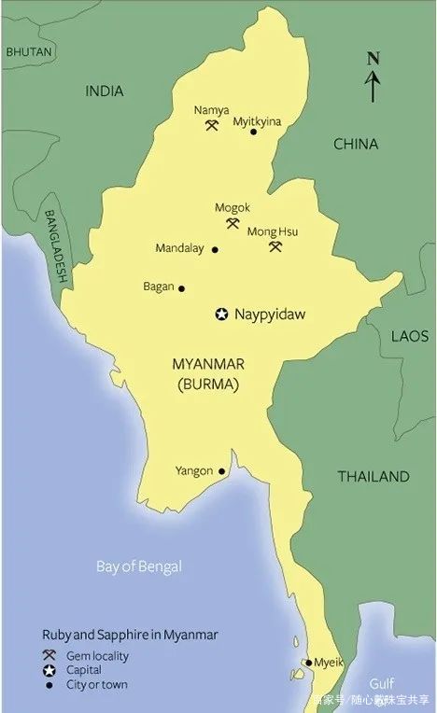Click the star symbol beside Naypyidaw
(x=222, y=315)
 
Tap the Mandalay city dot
(x=215, y=250)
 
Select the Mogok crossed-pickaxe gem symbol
(x=233, y=223)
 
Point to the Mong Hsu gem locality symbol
(x=275, y=246)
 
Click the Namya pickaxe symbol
(x=212, y=125)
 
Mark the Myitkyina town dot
(x=253, y=133)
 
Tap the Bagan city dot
(x=181, y=288)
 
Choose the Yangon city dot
(x=221, y=471)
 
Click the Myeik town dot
(x=308, y=663)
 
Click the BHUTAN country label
(x=29, y=53)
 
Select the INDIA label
(x=105, y=91)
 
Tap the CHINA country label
(x=356, y=144)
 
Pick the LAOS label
(x=410, y=336)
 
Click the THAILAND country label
(x=374, y=477)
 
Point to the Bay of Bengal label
(x=139, y=566)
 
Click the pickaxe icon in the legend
(x=49, y=656)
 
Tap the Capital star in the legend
(x=49, y=670)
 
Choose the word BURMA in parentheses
(x=209, y=384)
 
